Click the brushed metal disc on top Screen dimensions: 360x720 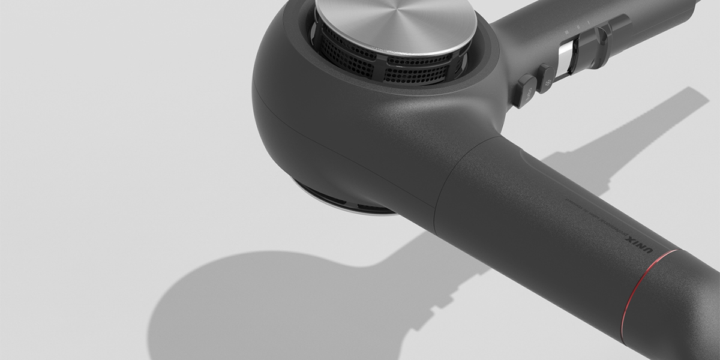click(x=396, y=21)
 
